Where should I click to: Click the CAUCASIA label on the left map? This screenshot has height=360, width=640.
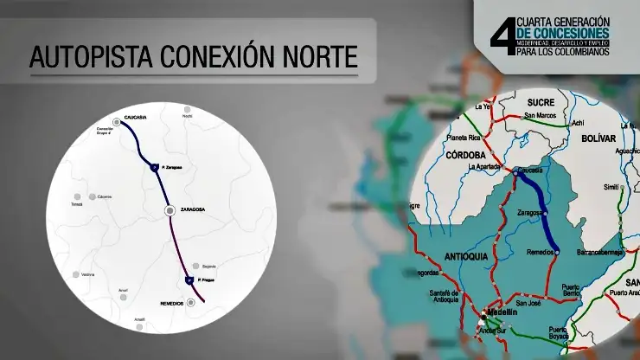(138, 116)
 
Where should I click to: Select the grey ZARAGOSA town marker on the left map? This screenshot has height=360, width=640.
(170, 210)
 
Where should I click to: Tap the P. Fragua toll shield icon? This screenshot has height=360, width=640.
(189, 280)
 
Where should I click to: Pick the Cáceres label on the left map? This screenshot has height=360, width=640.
(105, 196)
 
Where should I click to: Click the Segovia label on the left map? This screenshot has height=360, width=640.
(209, 267)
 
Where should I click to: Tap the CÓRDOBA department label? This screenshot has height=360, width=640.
(469, 156)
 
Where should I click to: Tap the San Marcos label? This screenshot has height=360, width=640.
(542, 114)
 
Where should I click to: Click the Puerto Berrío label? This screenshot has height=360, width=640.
(570, 291)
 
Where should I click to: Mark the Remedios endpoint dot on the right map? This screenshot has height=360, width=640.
(556, 251)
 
